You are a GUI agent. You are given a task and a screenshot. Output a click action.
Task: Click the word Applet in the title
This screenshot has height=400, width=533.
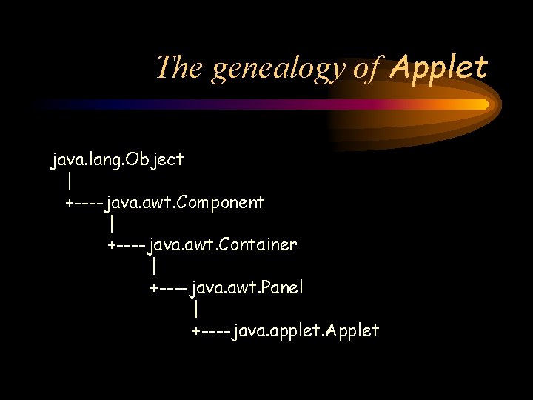pyautogui.click(x=439, y=68)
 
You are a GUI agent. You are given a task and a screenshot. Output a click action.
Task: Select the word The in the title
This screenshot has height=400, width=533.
pyautogui.click(x=180, y=68)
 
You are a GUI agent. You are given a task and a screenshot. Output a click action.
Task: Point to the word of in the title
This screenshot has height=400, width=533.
pyautogui.click(x=366, y=68)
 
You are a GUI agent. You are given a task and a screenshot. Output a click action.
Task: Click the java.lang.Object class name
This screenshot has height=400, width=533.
pyautogui.click(x=117, y=159)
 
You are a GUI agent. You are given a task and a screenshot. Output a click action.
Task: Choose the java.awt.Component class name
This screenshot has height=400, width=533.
pyautogui.click(x=185, y=201)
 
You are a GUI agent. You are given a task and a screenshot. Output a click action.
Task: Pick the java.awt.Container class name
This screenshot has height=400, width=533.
pyautogui.click(x=223, y=244)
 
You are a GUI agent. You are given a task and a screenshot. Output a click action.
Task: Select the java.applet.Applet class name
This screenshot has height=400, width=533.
pyautogui.click(x=306, y=330)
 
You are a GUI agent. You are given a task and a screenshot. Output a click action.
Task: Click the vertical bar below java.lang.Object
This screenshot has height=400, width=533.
pyautogui.click(x=69, y=181)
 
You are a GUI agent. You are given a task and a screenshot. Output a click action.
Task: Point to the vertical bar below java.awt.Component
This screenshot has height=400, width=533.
pyautogui.click(x=111, y=223)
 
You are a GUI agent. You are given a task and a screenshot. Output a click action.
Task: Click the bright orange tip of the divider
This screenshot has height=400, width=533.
pyautogui.click(x=482, y=104)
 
